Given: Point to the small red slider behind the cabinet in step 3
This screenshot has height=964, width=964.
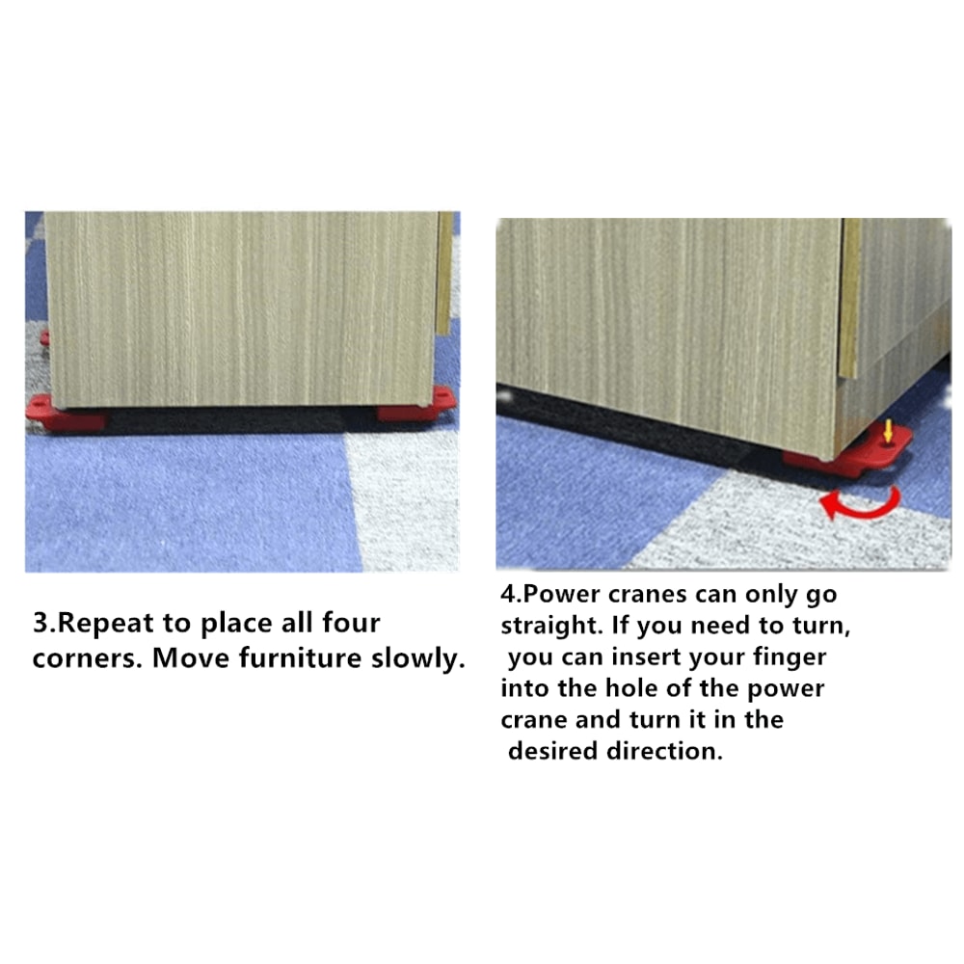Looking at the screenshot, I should coord(44,338).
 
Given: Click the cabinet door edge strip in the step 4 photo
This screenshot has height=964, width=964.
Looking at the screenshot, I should coord(849,299).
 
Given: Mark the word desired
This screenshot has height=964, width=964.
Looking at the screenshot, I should coord(552,752).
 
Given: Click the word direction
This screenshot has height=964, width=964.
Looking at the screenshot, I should coord(664,752).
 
